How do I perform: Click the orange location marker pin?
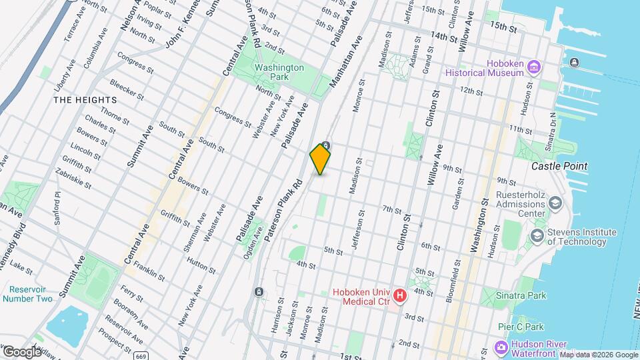[x=321, y=159]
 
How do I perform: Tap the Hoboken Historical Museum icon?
[x=533, y=67]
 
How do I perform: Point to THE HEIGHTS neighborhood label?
[x=85, y=100]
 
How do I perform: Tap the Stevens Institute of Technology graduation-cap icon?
[x=537, y=237]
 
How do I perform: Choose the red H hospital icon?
[x=399, y=295]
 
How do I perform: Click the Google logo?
[x=22, y=351]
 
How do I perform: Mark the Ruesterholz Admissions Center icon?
[x=556, y=202]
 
